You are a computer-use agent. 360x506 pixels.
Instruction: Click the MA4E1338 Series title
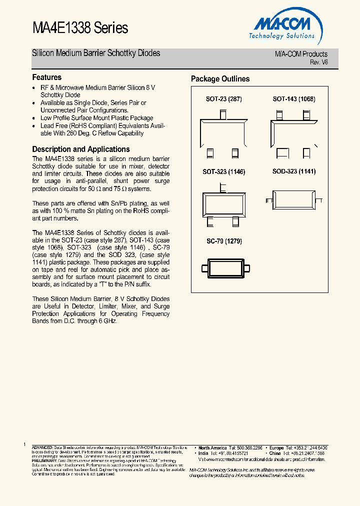click(80, 28)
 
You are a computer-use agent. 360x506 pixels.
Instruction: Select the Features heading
click(47, 77)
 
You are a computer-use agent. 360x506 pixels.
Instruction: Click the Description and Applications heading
click(81, 149)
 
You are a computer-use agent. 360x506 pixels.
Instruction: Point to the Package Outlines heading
click(220, 79)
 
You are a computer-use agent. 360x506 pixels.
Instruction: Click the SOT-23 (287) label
click(223, 99)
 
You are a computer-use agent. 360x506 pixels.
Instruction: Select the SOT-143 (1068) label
click(293, 99)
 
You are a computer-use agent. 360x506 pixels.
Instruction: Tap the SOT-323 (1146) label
click(223, 171)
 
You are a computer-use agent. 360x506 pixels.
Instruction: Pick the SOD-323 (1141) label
click(293, 171)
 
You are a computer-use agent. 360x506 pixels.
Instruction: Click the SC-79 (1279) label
click(224, 241)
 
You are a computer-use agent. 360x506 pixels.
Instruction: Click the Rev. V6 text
click(318, 62)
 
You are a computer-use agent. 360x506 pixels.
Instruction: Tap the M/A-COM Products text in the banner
click(301, 54)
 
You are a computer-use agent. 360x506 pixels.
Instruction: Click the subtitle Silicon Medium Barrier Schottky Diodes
click(96, 53)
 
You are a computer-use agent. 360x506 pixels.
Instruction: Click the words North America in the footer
click(212, 448)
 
